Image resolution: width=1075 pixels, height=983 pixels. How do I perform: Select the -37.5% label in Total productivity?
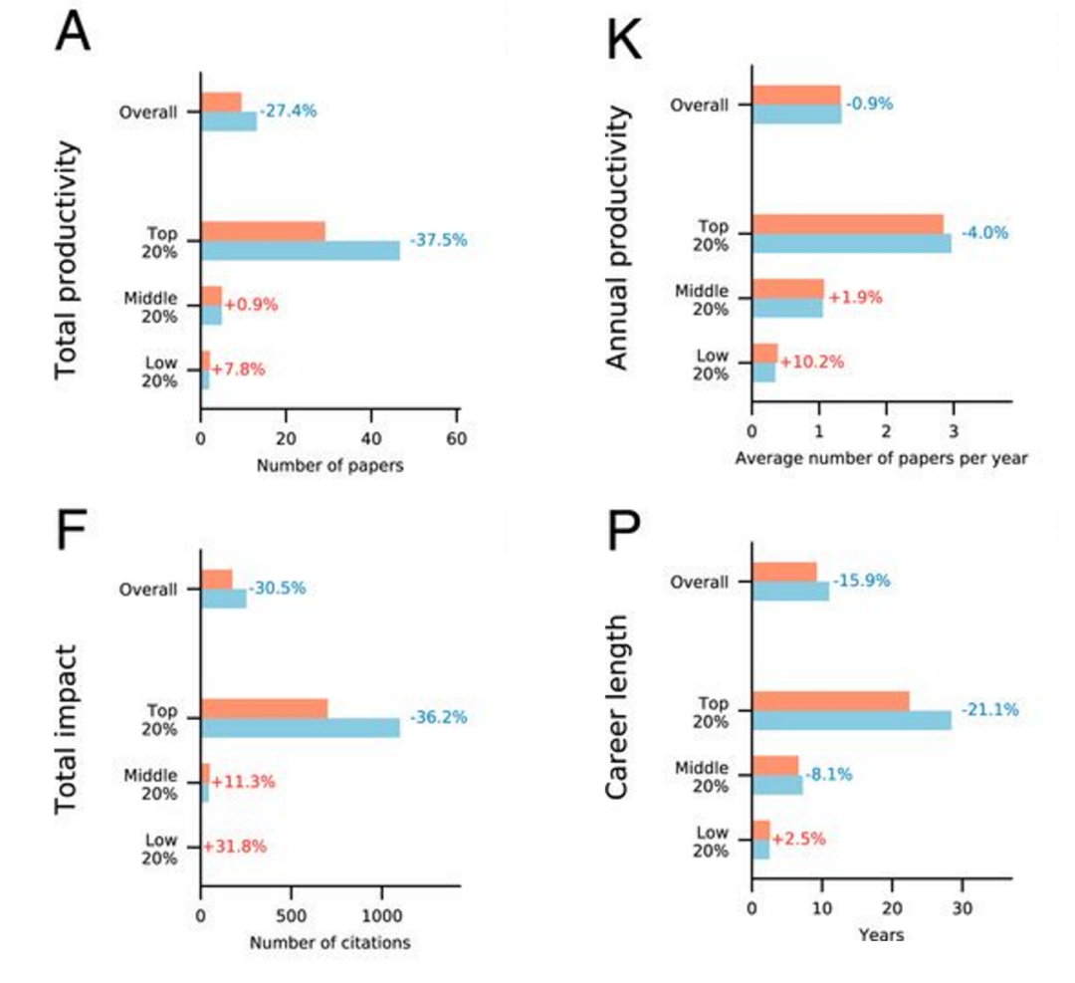(437, 240)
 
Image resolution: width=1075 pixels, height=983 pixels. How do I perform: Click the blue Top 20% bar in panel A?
(300, 250)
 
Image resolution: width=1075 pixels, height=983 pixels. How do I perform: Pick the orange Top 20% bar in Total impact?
(264, 708)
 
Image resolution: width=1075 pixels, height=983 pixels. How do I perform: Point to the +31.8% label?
(236, 847)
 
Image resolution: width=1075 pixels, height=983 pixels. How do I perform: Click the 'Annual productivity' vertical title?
(620, 240)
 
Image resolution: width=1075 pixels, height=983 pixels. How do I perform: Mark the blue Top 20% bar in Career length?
(851, 720)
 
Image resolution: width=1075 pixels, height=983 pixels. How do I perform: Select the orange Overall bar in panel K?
(796, 95)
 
